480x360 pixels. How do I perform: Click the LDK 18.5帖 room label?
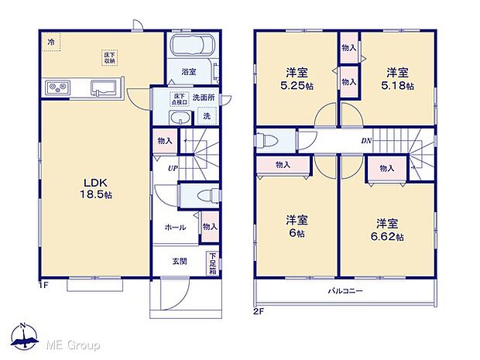pyautogui.click(x=98, y=189)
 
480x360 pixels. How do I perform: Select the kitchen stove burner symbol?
pyautogui.click(x=57, y=87)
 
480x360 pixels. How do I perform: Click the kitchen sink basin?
pyautogui.click(x=103, y=87)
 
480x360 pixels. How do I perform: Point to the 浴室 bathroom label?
pyautogui.click(x=189, y=72)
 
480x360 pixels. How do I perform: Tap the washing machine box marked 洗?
pyautogui.click(x=206, y=116)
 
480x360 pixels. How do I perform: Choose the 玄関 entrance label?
pyautogui.click(x=179, y=261)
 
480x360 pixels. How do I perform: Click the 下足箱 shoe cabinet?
pyautogui.click(x=211, y=262)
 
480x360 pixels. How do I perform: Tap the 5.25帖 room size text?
pyautogui.click(x=297, y=86)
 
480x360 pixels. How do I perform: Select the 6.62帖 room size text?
pyautogui.click(x=388, y=237)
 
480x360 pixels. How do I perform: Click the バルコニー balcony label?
pyautogui.click(x=344, y=291)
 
